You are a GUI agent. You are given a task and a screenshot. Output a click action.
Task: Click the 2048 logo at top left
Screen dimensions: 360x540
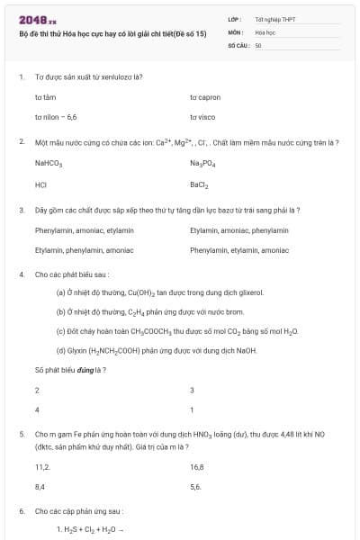click(x=38, y=19)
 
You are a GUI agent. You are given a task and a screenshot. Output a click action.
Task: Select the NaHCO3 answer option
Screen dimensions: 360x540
click(x=49, y=164)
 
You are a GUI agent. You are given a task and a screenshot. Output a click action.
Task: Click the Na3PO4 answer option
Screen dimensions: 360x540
click(x=202, y=164)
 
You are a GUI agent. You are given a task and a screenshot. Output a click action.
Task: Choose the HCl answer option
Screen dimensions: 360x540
click(x=40, y=185)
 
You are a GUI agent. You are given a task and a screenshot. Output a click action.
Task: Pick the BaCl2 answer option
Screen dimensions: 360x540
click(x=199, y=185)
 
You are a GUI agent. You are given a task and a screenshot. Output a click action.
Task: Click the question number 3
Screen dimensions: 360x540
click(x=21, y=210)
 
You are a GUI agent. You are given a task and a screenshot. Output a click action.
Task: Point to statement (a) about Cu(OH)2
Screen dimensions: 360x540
click(x=159, y=292)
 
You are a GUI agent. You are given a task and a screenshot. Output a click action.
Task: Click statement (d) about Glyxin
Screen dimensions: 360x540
click(x=156, y=350)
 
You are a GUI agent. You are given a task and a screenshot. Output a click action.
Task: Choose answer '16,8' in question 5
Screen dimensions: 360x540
click(x=197, y=467)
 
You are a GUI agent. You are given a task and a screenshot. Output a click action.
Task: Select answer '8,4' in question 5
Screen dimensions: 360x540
click(x=40, y=486)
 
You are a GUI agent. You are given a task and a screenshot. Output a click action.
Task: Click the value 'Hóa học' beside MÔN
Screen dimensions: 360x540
click(x=265, y=31)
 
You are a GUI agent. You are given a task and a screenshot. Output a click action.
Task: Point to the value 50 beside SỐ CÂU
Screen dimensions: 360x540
click(x=257, y=43)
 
